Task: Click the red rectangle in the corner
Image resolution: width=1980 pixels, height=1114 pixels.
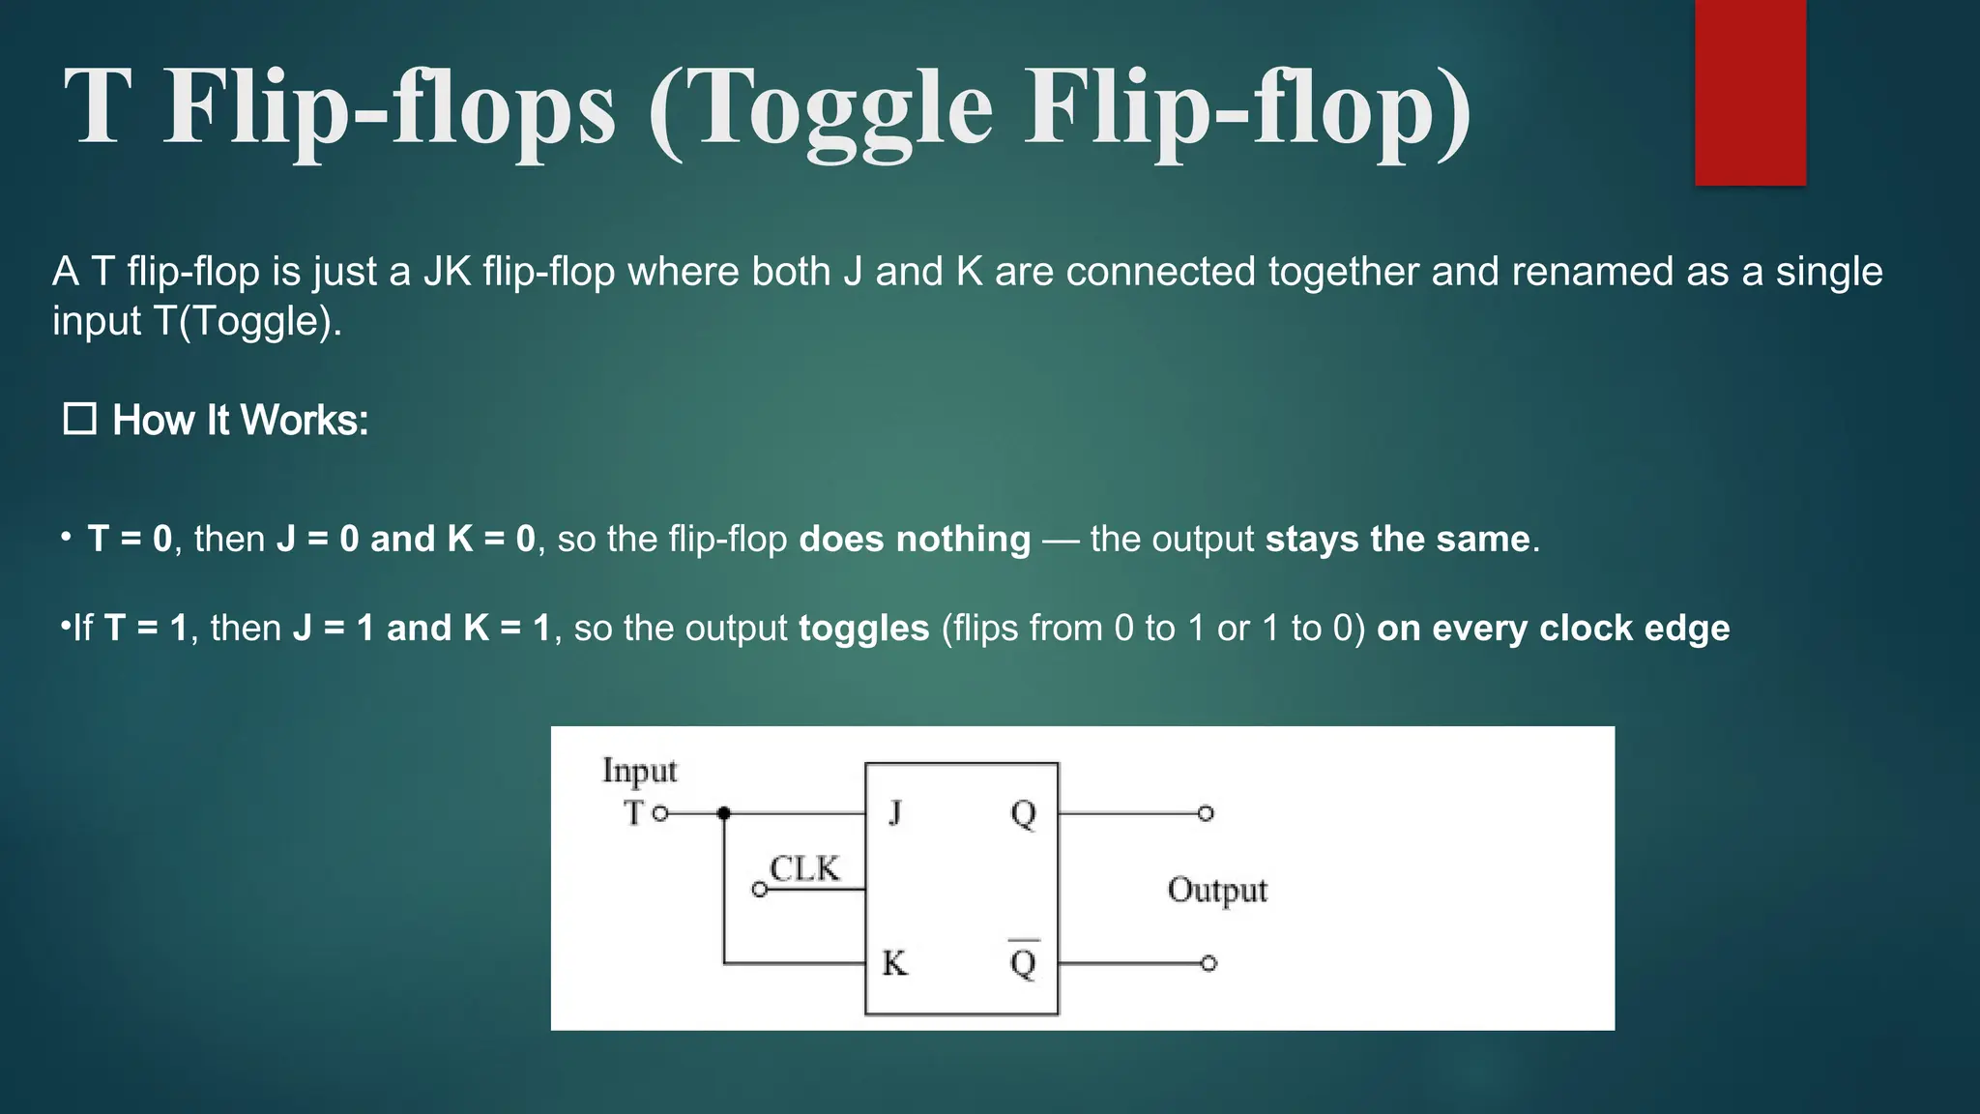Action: tap(1750, 92)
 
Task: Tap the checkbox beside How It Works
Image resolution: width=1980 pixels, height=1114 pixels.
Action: tap(79, 420)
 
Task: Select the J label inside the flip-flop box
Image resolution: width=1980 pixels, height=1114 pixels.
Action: tap(895, 812)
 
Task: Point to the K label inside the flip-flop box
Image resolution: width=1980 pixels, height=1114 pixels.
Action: tap(894, 963)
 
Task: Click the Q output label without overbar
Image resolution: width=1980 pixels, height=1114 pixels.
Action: tap(1023, 814)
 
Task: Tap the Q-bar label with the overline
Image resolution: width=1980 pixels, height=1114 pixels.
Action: tap(1023, 961)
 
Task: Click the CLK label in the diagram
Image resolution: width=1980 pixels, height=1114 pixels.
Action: tap(804, 868)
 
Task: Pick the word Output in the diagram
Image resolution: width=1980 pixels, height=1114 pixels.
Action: tap(1217, 890)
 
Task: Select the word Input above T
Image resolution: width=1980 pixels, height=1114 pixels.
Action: tap(639, 771)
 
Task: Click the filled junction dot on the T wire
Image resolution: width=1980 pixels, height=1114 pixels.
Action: tap(724, 813)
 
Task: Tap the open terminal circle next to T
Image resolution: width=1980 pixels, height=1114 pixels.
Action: tap(660, 814)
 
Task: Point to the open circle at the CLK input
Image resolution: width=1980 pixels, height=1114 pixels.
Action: tap(760, 890)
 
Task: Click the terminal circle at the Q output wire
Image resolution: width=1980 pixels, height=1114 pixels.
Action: tap(1206, 813)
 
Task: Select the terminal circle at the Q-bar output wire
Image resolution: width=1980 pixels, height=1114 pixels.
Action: tap(1208, 963)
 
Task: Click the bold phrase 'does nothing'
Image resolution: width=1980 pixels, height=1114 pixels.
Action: tap(915, 539)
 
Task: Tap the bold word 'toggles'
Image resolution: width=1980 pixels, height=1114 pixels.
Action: tap(863, 629)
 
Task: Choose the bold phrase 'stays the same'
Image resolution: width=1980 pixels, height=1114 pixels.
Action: tap(1399, 539)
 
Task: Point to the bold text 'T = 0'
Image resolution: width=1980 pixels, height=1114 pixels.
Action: tap(130, 539)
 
